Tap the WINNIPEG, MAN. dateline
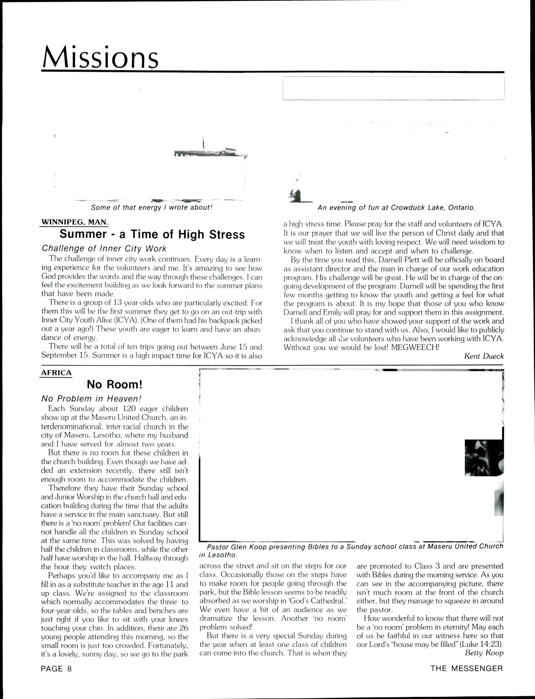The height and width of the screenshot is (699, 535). (x=75, y=222)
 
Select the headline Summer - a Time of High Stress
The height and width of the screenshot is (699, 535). (x=152, y=235)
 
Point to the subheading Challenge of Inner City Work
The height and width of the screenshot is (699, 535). (x=104, y=248)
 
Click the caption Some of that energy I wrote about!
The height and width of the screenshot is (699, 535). (x=151, y=208)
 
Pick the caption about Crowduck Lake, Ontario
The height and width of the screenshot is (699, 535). (x=396, y=208)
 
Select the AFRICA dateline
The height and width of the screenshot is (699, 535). (x=56, y=373)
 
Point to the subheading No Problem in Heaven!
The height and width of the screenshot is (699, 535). (x=91, y=399)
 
